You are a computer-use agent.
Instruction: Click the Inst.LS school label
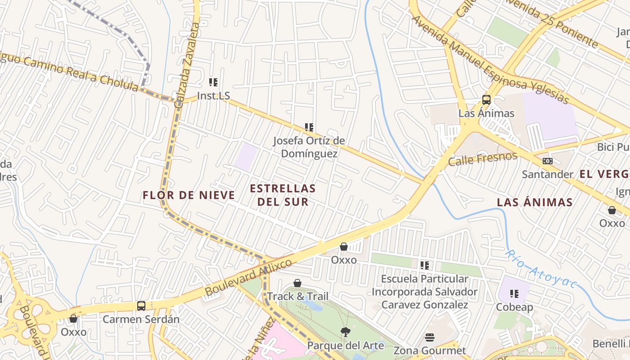(214, 96)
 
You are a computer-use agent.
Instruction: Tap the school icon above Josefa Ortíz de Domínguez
(309, 127)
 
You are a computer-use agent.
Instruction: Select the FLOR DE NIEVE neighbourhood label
(189, 195)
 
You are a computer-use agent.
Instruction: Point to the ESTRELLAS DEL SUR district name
(283, 194)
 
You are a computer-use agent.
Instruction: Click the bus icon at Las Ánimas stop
(486, 100)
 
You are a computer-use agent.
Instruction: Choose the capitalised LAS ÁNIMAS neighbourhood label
(535, 202)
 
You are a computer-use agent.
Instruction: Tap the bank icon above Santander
(548, 161)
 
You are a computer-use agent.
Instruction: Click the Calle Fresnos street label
(482, 159)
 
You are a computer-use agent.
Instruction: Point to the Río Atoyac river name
(540, 269)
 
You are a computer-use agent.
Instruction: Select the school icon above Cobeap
(514, 294)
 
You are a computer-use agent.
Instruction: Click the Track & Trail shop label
(297, 296)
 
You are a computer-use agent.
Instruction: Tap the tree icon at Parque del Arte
(346, 332)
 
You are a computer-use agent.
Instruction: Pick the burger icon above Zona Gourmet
(430, 337)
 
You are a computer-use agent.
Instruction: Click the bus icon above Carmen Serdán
(141, 306)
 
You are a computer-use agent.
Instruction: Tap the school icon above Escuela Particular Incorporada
(424, 265)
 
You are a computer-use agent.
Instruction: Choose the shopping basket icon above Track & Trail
(297, 283)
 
